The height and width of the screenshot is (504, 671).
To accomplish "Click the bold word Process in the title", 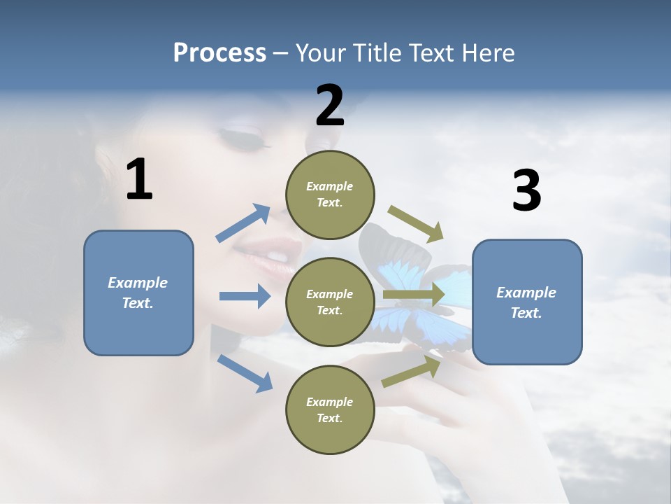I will point(219,52).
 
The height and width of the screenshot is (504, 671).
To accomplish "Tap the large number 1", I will point(139,180).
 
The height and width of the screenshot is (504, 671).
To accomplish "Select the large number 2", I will point(330,106).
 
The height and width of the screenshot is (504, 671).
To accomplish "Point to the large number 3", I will point(527,190).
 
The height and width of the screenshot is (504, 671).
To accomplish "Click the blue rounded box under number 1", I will point(138,293).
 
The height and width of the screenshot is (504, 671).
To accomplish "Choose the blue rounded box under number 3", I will point(527,302).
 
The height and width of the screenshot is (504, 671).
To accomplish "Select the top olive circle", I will point(330,194).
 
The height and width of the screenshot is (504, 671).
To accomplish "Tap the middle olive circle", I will point(330,302).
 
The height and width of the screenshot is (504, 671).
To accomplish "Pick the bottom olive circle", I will point(330,409).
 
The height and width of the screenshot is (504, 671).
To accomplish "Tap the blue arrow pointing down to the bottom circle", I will point(245,373).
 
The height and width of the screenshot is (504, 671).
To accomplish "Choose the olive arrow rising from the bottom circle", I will point(411,372).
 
